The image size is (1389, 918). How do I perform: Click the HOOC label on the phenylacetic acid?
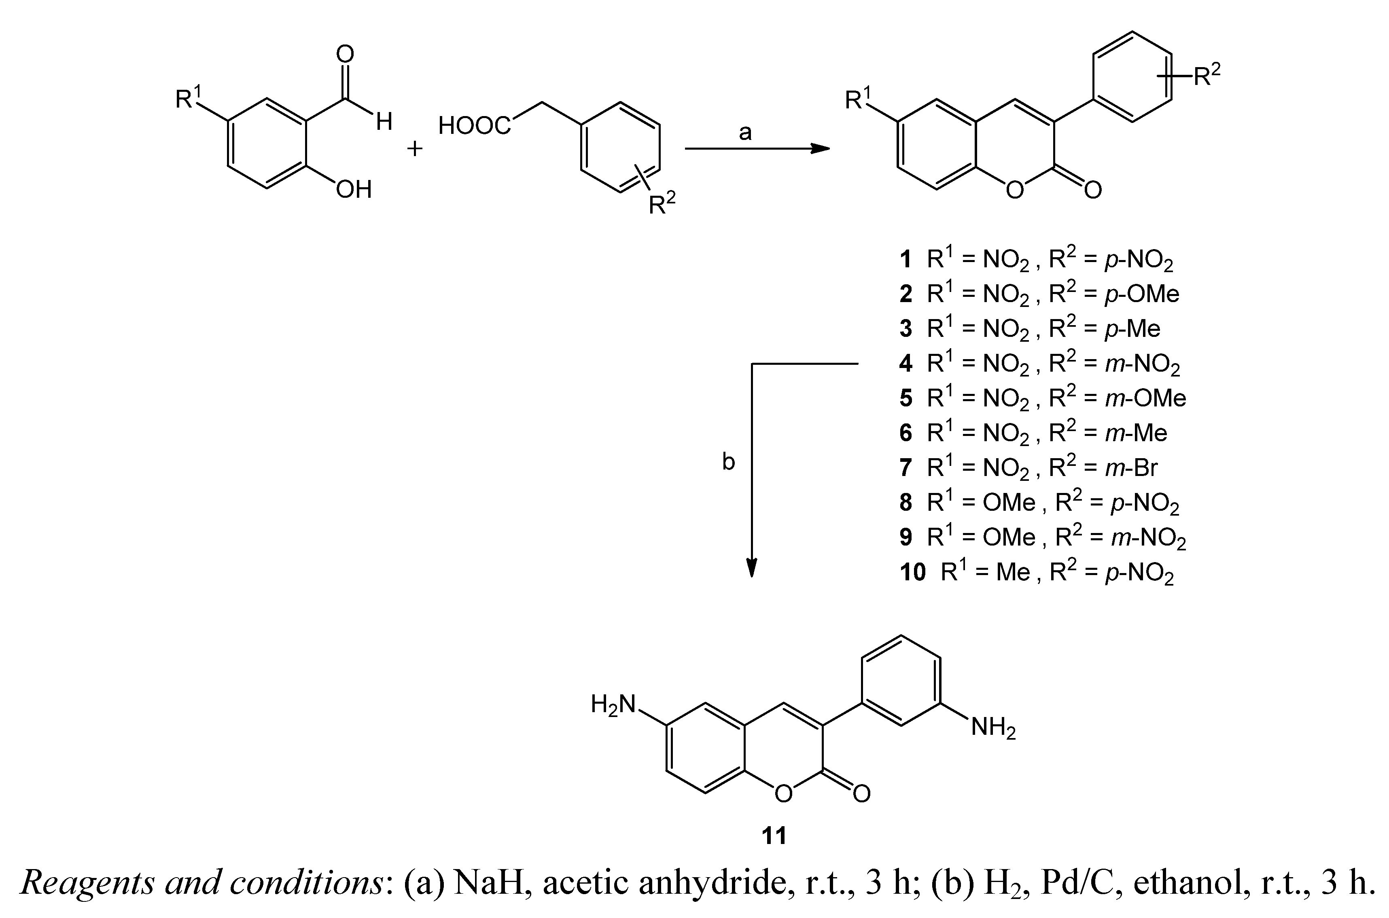(474, 125)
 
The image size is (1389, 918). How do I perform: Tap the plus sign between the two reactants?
(415, 149)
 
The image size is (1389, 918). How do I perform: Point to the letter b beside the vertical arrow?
(728, 462)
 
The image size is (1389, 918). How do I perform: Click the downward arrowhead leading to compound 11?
(752, 567)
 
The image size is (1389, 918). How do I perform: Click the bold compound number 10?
(913, 572)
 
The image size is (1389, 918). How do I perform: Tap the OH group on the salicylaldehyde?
(354, 189)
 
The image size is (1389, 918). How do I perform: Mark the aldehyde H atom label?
(384, 122)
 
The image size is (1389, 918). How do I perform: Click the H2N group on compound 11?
(613, 704)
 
